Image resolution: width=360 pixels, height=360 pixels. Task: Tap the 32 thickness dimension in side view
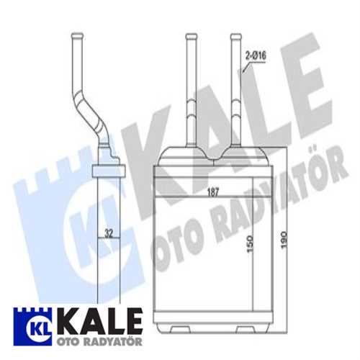click(x=107, y=233)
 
